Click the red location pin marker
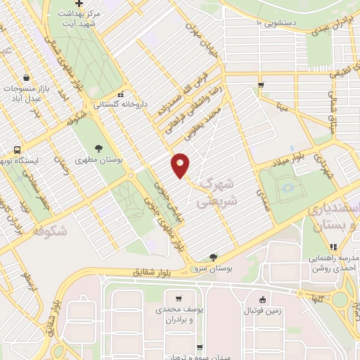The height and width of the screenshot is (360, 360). (x=181, y=166)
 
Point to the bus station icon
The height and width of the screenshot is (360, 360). (x=18, y=149)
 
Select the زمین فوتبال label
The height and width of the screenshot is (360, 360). (x=264, y=309)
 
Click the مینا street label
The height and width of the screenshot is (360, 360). (x=283, y=108)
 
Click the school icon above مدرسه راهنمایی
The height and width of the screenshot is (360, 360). (x=334, y=247)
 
